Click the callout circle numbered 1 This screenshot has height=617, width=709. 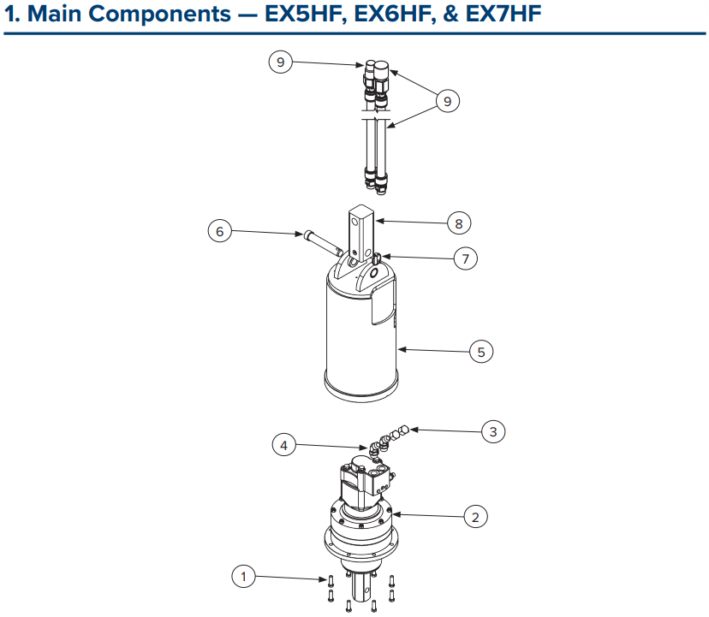coord(243,576)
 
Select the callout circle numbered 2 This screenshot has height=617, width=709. coord(476,517)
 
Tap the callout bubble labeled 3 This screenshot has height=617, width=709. coord(493,431)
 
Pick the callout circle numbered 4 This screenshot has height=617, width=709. coord(284,445)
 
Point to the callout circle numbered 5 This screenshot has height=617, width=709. coord(481,352)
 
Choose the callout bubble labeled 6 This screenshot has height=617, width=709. coord(220,231)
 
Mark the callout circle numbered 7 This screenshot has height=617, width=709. coord(466,258)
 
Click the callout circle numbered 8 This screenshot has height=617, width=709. coord(459,223)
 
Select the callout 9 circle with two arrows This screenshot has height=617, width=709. coord(448,101)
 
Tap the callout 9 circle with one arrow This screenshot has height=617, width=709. coord(280,62)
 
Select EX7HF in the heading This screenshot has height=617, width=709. coord(503,14)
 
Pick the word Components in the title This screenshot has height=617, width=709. coord(159,15)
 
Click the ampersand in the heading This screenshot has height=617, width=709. coord(450,14)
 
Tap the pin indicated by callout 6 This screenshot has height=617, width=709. coord(323,243)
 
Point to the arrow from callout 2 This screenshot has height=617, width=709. coord(428,515)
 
